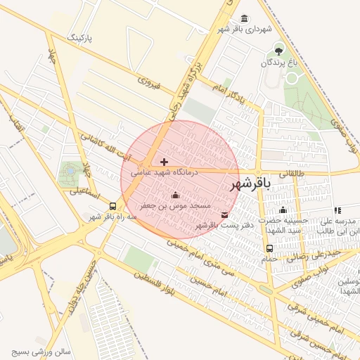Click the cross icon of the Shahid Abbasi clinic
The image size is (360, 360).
click(x=165, y=162)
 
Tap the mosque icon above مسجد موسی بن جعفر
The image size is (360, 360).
click(x=175, y=195)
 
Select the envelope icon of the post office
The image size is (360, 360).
click(x=224, y=215)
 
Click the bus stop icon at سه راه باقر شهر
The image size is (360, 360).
click(x=112, y=206)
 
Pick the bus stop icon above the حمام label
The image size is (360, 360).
click(x=269, y=248)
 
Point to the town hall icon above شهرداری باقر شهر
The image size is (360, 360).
click(x=243, y=18)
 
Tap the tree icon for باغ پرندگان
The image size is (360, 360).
click(x=279, y=50)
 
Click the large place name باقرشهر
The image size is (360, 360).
click(x=250, y=184)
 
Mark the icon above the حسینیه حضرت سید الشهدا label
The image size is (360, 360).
click(x=283, y=210)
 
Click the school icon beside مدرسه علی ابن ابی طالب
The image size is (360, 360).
click(x=338, y=210)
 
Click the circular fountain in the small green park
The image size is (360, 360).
click(x=70, y=171)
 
